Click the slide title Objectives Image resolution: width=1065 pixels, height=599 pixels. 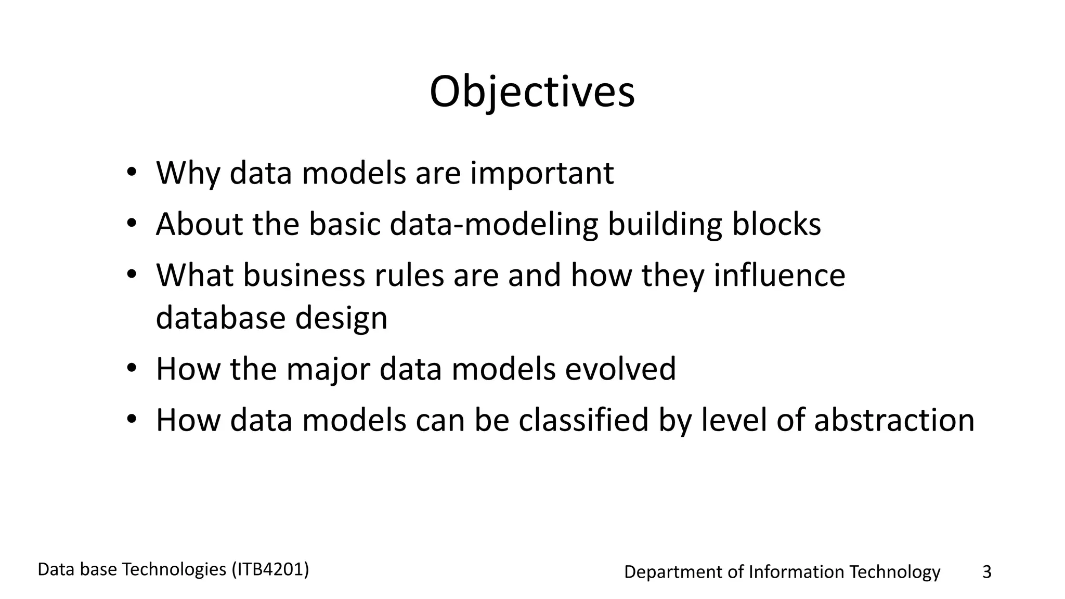tap(532, 93)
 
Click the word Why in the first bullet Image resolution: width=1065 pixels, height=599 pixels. tap(188, 173)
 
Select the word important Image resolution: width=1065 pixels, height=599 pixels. tap(542, 174)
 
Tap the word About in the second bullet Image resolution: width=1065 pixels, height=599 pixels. tap(200, 224)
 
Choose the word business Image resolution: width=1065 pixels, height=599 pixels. tap(304, 275)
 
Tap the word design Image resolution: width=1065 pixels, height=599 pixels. tap(341, 319)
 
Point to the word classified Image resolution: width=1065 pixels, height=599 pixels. tap(583, 420)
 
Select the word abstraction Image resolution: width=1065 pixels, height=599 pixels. tap(894, 420)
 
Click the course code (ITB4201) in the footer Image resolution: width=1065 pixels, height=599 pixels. tap(270, 570)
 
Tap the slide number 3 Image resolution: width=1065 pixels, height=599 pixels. tap(986, 572)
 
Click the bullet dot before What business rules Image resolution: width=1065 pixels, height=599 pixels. tap(131, 275)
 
